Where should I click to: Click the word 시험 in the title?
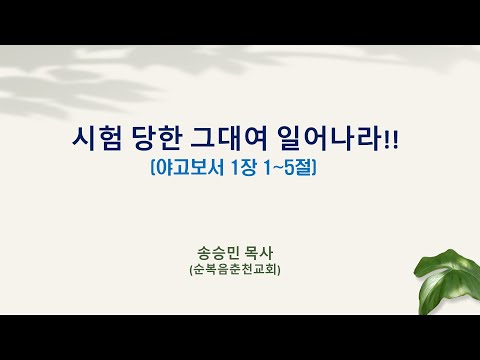[96, 138]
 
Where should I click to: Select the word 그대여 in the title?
[229, 138]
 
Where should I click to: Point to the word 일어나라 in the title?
[329, 138]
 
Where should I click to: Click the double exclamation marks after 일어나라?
[391, 139]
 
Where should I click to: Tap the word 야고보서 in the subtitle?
[190, 168]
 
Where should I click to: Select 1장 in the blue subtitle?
[243, 168]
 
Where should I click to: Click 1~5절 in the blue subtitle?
[288, 168]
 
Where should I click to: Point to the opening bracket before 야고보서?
[153, 168]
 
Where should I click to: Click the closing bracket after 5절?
[314, 168]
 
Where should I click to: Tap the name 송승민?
[218, 253]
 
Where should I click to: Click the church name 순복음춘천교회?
[235, 269]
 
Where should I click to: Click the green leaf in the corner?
[447, 283]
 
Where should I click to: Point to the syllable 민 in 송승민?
[232, 253]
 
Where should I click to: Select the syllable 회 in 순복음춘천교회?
[272, 269]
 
